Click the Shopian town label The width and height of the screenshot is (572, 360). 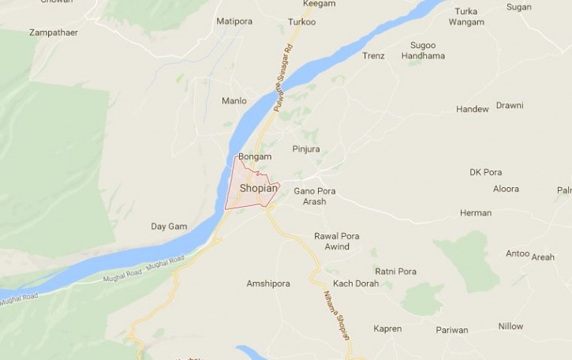click(258, 188)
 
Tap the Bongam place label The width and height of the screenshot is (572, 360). click(254, 157)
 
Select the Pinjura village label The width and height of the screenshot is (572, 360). click(305, 149)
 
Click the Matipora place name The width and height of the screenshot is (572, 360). click(234, 21)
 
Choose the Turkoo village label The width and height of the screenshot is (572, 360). click(302, 22)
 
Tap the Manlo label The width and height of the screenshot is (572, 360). click(234, 101)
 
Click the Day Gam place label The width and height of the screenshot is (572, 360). click(169, 227)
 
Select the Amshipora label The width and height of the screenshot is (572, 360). click(268, 283)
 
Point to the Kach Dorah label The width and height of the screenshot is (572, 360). click(356, 283)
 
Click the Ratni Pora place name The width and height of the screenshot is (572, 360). click(395, 272)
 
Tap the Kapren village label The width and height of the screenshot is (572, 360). click(387, 328)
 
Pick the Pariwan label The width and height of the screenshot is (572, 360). click(451, 330)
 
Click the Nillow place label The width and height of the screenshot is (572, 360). click(510, 326)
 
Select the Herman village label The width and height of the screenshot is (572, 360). click(476, 213)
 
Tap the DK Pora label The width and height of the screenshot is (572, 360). click(485, 172)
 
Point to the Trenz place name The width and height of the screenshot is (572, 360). click(373, 56)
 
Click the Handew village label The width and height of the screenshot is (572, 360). click(473, 109)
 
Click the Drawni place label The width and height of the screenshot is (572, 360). click(510, 106)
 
